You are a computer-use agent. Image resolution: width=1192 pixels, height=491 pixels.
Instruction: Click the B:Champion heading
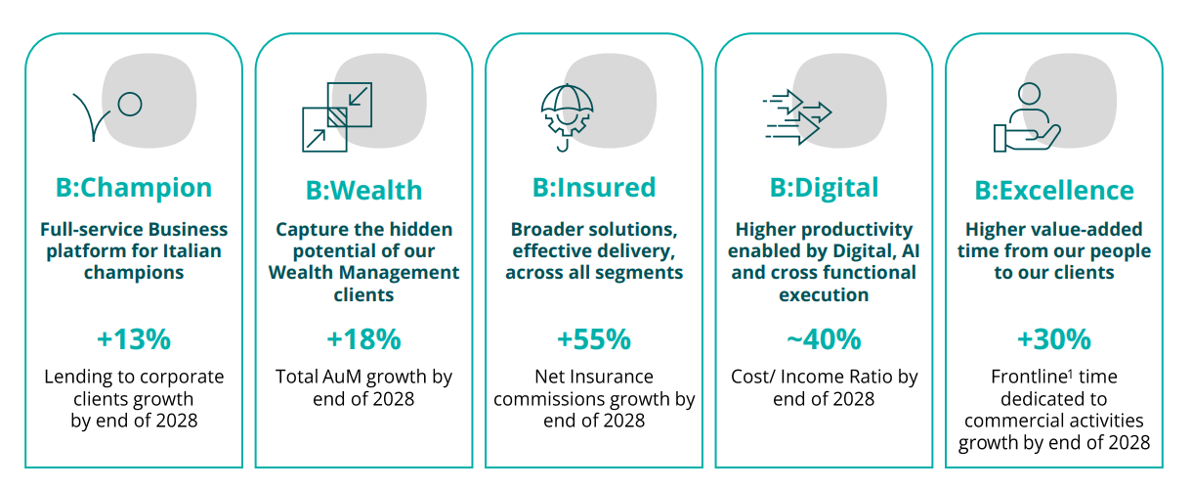[x=134, y=188]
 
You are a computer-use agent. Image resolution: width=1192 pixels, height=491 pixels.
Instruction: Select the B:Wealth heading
[x=364, y=191]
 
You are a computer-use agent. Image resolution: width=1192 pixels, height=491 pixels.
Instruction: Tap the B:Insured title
[x=594, y=188]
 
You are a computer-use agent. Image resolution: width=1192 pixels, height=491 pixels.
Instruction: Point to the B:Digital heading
[x=824, y=188]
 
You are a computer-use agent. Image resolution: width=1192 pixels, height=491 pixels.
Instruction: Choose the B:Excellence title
[x=1054, y=191]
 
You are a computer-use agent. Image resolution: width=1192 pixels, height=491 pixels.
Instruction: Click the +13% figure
[x=134, y=339]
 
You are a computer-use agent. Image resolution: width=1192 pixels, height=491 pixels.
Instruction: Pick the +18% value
[x=364, y=339]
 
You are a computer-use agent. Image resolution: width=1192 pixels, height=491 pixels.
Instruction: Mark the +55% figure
[x=594, y=339]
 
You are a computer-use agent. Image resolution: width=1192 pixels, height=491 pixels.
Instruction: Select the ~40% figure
[x=824, y=339]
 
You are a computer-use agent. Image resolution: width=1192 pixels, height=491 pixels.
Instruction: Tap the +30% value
[x=1054, y=339]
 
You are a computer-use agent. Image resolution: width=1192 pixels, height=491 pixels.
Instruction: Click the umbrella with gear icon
[x=567, y=117]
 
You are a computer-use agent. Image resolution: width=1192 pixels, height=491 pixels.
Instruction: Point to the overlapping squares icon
[x=337, y=117]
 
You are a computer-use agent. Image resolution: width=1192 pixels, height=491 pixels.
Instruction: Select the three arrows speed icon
[x=796, y=117]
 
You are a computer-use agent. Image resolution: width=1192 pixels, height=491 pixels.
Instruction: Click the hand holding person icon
[x=1027, y=117]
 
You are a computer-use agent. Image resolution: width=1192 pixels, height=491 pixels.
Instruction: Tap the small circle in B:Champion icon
[x=130, y=105]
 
